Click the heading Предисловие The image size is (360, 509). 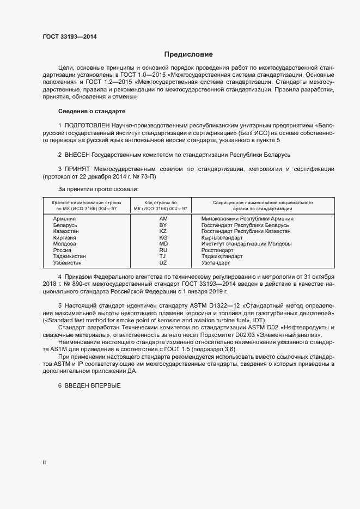pyautogui.click(x=189, y=55)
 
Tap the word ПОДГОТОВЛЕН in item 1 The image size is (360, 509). pyautogui.click(x=87, y=126)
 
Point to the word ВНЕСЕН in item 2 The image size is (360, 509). pyautogui.click(x=77, y=155)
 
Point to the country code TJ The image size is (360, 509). pyautogui.click(x=163, y=256)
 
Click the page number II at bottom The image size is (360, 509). pyautogui.click(x=44, y=463)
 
